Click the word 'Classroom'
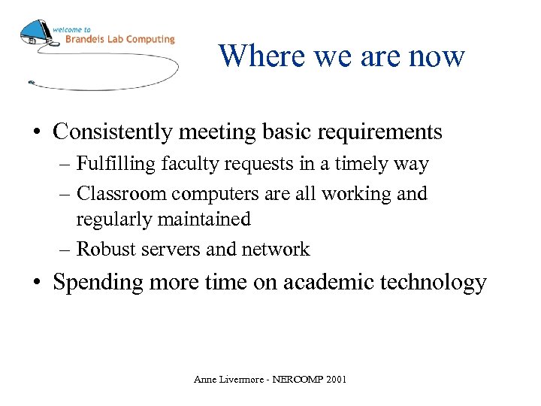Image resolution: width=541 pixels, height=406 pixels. [x=122, y=194]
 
